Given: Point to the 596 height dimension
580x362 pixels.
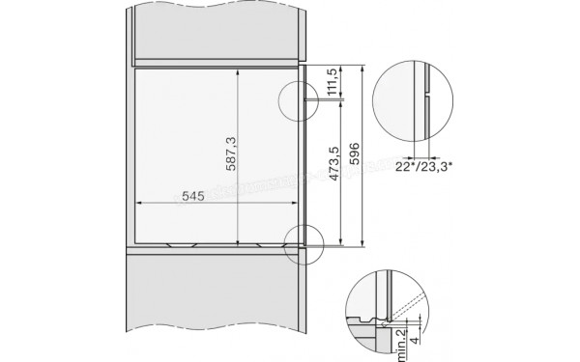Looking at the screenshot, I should pos(355,154).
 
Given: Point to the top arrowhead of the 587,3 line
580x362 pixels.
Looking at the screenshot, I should pos(238,70).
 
